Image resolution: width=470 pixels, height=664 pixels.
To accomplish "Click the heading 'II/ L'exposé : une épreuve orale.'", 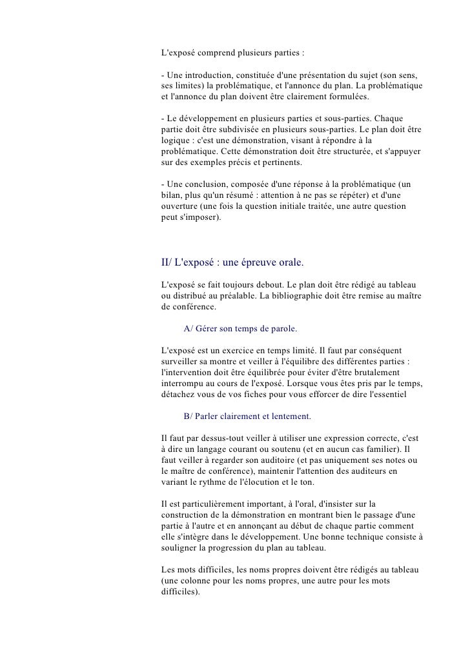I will click(x=232, y=263).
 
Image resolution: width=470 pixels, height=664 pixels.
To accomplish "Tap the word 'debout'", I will click(x=279, y=284).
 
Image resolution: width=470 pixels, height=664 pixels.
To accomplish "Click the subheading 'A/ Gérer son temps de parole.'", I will click(x=240, y=329).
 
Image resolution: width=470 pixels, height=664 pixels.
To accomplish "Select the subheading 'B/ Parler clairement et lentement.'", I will click(x=247, y=416).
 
